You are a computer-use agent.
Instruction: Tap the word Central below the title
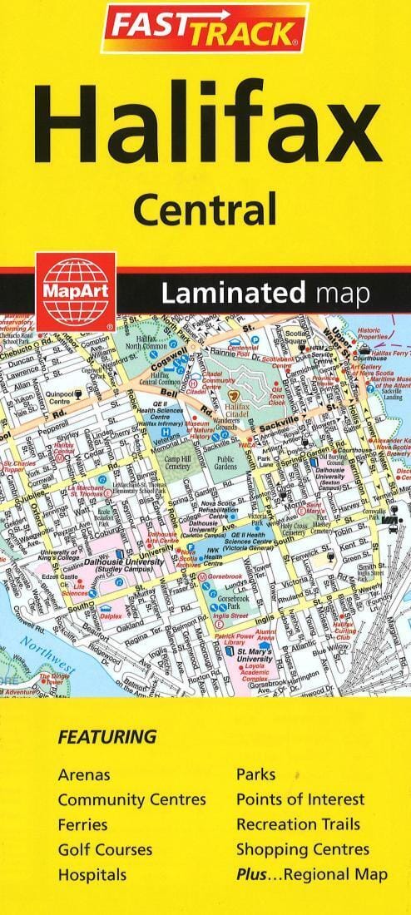[205, 207]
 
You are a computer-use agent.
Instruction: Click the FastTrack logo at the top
[205, 30]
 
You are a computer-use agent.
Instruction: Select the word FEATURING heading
[106, 736]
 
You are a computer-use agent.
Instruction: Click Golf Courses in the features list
[105, 849]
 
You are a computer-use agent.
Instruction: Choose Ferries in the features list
[82, 824]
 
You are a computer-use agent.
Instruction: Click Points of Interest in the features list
[300, 799]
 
